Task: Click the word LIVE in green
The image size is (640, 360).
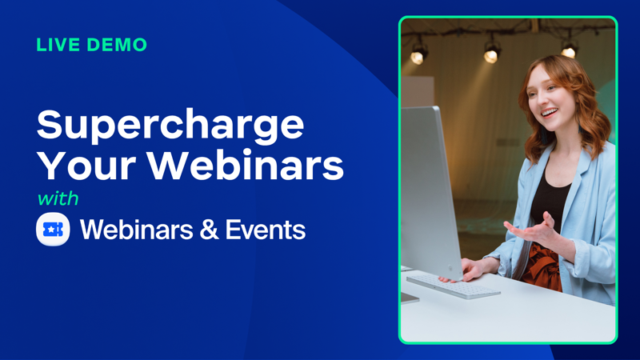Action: point(57,45)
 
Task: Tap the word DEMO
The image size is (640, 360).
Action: point(117,45)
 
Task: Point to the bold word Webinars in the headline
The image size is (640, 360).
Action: point(246,166)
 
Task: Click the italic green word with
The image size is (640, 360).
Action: point(58,198)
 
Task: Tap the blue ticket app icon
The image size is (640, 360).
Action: point(53,230)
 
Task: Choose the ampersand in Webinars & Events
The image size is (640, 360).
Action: point(210,230)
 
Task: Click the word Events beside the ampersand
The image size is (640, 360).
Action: point(266,230)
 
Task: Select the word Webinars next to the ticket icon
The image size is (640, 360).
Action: point(136,230)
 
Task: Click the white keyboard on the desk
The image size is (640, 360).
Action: point(453,286)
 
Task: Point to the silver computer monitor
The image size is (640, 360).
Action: point(430,192)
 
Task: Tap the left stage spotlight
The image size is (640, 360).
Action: point(418,54)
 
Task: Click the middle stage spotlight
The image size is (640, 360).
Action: point(491,52)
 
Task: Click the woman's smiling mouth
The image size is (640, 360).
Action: point(550,112)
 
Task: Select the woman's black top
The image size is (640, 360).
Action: point(549,204)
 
